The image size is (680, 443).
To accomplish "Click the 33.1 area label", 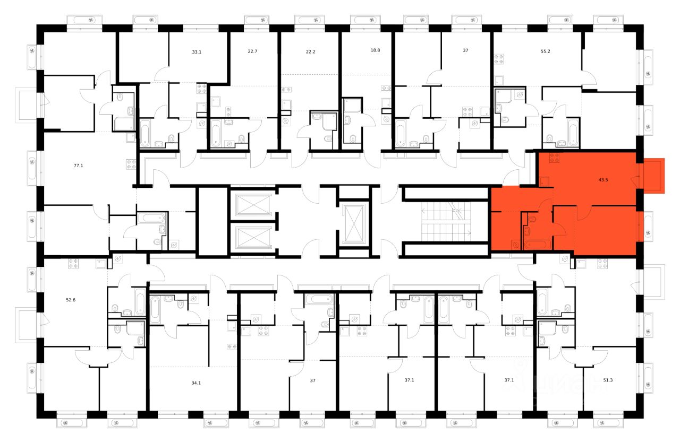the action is [x=197, y=52].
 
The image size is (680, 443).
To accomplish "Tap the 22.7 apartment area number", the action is [x=252, y=51].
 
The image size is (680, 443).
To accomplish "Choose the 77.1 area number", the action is [x=78, y=166].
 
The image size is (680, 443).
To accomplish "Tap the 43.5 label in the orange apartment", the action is [x=603, y=180].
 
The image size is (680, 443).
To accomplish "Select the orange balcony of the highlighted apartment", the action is [x=654, y=175].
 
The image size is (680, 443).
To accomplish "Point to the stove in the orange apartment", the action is [x=555, y=157].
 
